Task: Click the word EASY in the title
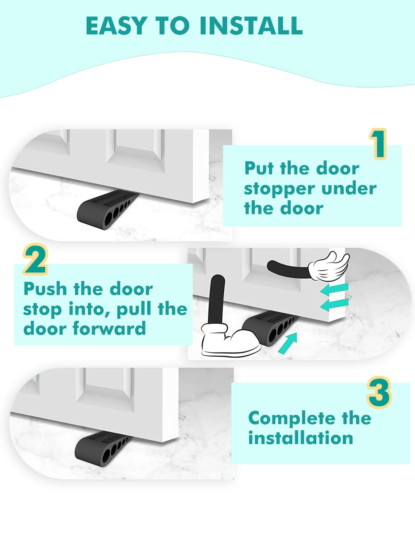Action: point(115,26)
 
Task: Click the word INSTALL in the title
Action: point(251,26)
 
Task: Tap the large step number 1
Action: point(377,144)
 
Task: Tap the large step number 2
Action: point(35,259)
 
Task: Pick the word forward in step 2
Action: point(109,328)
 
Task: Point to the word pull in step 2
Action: point(134,310)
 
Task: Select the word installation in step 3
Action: point(301,438)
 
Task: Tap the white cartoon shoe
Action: point(231,340)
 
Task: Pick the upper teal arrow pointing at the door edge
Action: point(334,289)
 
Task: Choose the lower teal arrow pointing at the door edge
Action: point(334,304)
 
